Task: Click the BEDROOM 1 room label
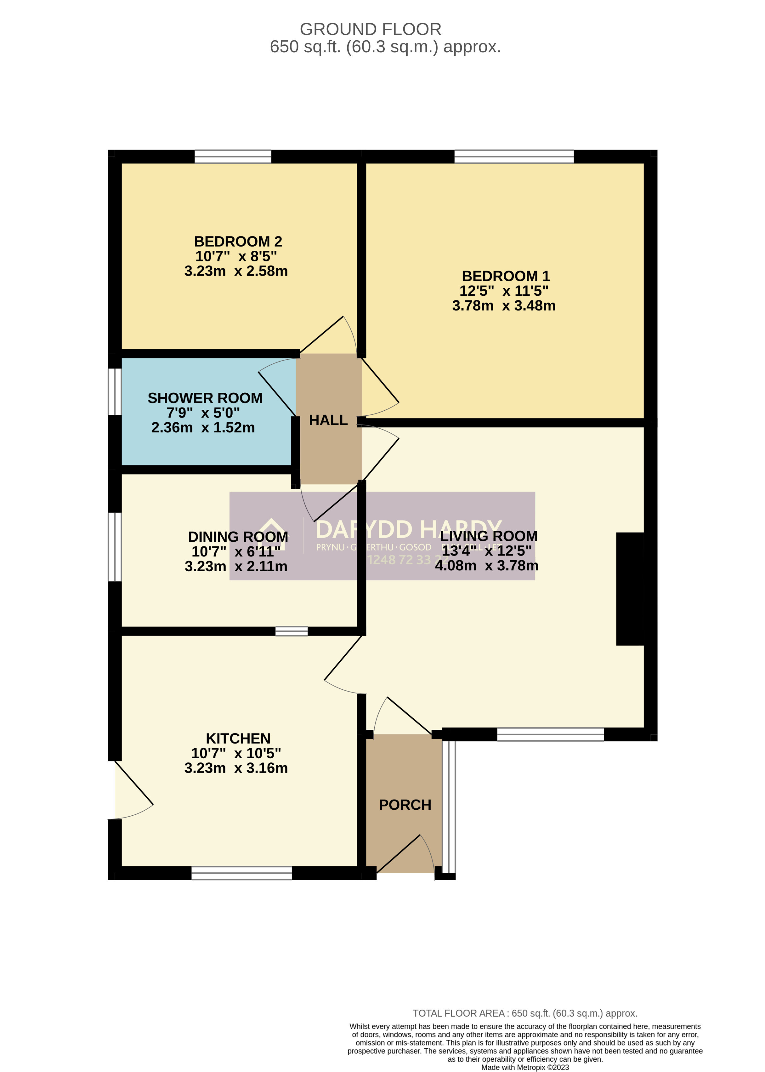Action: pos(506,276)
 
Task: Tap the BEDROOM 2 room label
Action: pos(238,242)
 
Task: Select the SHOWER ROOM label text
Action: pos(205,398)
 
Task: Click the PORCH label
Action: pos(405,805)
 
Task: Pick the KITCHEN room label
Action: pos(238,738)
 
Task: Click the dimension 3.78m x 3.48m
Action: pos(504,306)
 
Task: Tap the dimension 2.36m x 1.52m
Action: pos(203,428)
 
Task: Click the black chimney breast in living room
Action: pos(630,589)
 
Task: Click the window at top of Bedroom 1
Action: pos(514,157)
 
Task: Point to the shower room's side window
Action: pos(115,391)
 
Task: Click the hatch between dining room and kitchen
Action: pos(291,631)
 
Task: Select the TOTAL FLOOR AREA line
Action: pos(525,1013)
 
